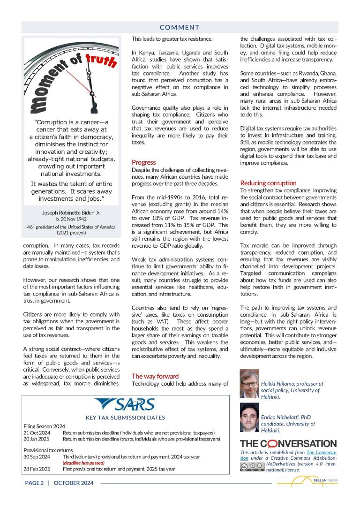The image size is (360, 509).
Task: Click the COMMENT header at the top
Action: coord(180,27)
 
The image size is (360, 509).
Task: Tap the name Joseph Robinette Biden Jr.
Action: coord(71,213)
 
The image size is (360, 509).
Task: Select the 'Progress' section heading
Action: coord(143,162)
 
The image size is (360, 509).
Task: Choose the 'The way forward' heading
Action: coord(155,376)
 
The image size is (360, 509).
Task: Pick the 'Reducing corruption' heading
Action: coord(268,183)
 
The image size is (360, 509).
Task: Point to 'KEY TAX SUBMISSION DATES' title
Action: coord(125,418)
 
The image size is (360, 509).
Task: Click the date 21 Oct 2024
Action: coord(37,433)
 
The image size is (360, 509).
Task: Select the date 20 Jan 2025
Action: coord(37,439)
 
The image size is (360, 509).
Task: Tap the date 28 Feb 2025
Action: coord(37,469)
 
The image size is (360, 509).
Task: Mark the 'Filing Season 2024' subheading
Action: coord(44,426)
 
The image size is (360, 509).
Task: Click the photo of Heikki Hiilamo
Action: coord(249,384)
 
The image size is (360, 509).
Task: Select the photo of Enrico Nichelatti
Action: coord(249,417)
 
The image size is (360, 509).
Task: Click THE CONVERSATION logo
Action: coord(288,443)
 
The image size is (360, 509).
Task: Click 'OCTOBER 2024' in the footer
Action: coord(74,483)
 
